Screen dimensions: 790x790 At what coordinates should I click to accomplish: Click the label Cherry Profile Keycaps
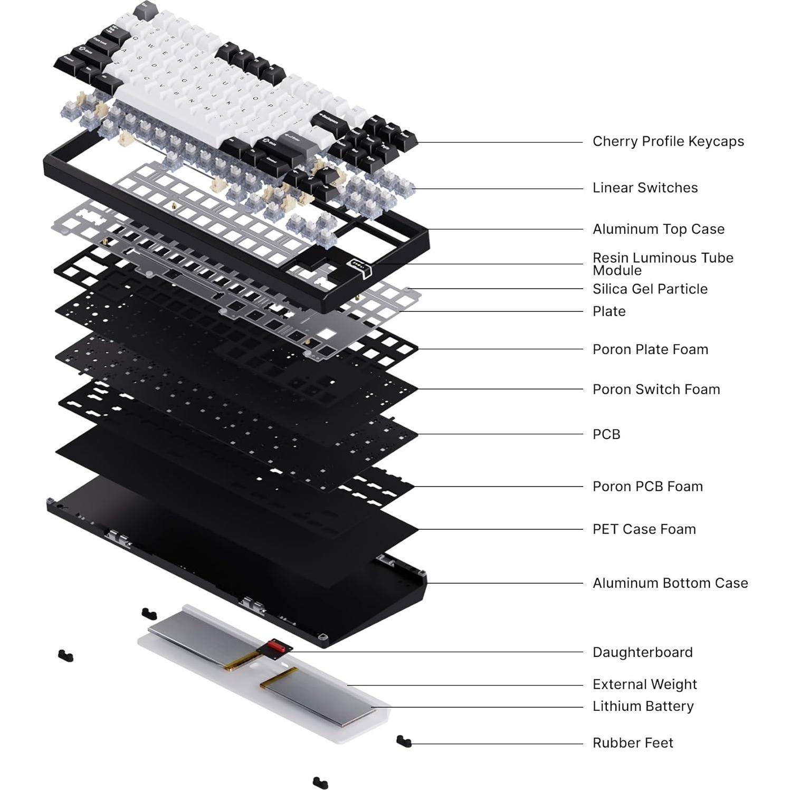668,141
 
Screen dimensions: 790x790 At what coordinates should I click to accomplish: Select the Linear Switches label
644,188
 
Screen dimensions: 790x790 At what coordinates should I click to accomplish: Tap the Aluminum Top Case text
658,229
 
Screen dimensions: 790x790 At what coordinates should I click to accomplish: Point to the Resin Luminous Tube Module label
662,264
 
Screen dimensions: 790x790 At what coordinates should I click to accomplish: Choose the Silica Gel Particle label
650,289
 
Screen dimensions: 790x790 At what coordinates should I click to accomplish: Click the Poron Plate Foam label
650,349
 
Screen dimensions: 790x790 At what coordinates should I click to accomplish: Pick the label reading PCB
606,434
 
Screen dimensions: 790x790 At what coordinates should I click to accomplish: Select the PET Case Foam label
644,529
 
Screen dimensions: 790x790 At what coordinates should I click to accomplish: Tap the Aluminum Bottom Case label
670,583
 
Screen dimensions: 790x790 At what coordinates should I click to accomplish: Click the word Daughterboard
642,652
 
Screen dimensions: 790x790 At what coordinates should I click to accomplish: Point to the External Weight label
644,684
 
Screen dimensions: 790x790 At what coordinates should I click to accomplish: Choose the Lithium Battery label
643,706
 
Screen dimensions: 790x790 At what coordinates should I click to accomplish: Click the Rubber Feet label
632,743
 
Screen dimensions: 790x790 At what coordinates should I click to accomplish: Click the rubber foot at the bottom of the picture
320,782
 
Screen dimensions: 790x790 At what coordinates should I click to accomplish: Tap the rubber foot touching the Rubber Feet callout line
404,741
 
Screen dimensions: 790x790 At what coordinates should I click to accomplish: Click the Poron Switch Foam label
656,389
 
